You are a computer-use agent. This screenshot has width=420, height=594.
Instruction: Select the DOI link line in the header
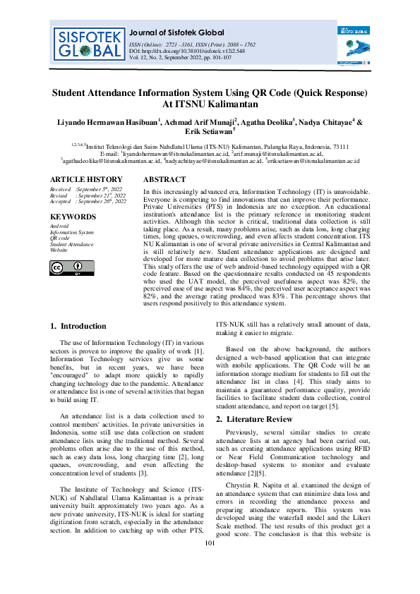pyautogui.click(x=186, y=51)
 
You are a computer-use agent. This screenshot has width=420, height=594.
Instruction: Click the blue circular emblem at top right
pyautogui.click(x=354, y=49)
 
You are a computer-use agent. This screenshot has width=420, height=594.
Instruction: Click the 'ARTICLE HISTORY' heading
pyautogui.click(x=86, y=180)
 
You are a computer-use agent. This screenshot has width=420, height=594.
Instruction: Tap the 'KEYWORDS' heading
pyautogui.click(x=73, y=217)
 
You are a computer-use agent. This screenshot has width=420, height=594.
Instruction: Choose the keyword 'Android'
pyautogui.click(x=60, y=226)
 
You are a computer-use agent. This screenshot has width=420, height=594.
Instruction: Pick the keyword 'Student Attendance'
pyautogui.click(x=71, y=243)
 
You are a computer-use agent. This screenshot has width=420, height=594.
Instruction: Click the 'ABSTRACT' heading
pyautogui.click(x=166, y=180)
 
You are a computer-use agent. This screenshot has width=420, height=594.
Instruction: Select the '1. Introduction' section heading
pyautogui.click(x=79, y=326)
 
